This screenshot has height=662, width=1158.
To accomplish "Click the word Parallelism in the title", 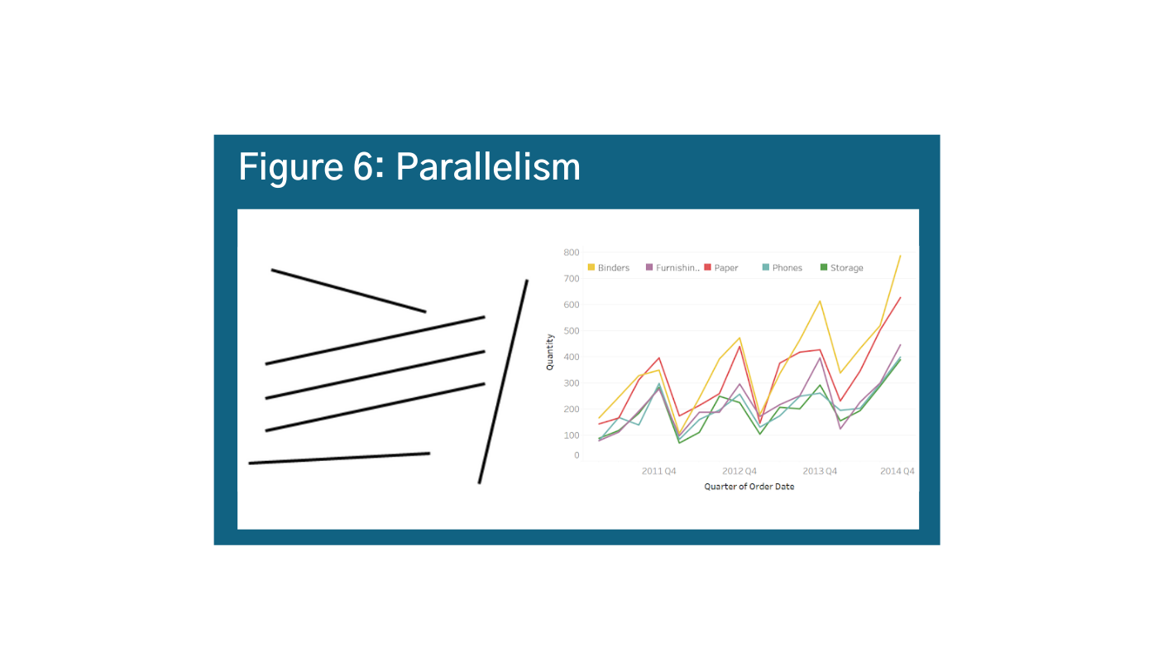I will click(x=488, y=168).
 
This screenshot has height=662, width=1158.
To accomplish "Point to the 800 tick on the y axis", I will click(x=571, y=252).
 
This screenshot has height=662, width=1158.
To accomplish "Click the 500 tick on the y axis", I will click(x=571, y=331).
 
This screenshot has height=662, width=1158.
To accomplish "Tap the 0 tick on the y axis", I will click(x=577, y=455).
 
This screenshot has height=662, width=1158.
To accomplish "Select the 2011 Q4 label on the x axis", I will click(x=659, y=472).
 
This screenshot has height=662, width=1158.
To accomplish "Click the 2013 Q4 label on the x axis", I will click(x=820, y=472).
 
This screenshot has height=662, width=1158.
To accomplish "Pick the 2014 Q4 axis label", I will click(x=897, y=472).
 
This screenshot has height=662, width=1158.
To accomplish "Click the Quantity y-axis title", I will click(x=550, y=352).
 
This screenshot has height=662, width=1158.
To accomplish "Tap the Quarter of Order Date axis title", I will click(x=749, y=487).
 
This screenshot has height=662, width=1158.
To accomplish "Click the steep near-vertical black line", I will click(x=503, y=381).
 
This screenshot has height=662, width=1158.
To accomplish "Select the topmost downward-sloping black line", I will click(x=348, y=290).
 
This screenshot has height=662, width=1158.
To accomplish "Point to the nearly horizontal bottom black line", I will click(x=339, y=458).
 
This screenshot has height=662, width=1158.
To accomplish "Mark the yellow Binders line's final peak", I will click(x=900, y=256).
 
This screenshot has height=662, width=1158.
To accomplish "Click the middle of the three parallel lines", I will click(x=375, y=375).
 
